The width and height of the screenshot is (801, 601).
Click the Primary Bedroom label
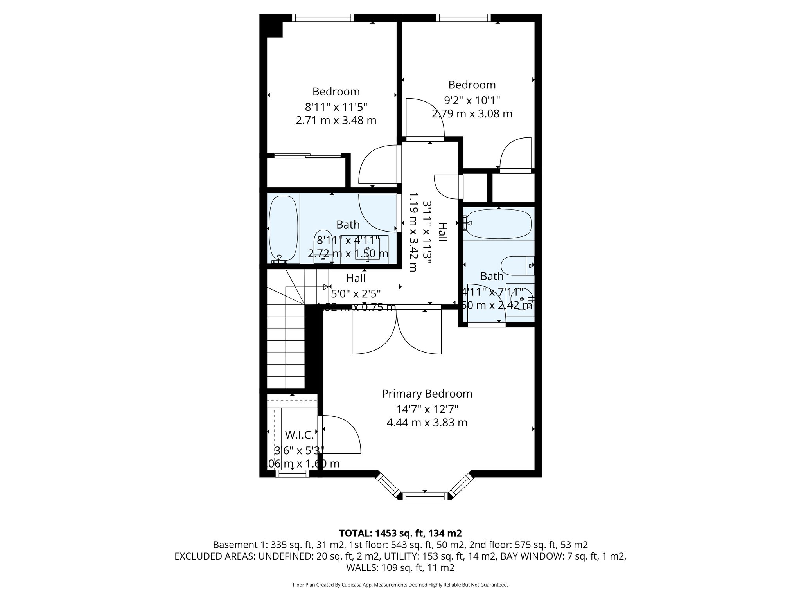point(427,394)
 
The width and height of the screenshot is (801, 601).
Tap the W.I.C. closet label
point(299,435)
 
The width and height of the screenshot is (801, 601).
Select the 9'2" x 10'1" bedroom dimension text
point(472,101)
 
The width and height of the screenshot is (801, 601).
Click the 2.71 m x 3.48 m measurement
point(336,120)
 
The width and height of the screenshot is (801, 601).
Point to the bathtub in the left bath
point(284,229)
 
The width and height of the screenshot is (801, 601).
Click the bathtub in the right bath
point(499,224)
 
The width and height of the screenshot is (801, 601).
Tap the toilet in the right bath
point(516,266)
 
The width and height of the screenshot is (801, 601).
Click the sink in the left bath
point(367,253)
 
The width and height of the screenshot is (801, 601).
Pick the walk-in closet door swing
point(340,434)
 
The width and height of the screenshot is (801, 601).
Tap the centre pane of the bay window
point(425,497)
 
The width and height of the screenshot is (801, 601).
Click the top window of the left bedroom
point(323,18)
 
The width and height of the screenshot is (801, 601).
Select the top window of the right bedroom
point(463,18)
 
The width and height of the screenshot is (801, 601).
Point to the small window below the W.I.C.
point(293,474)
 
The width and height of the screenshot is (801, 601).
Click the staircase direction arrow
point(325,287)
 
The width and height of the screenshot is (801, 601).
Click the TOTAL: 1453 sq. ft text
point(400,533)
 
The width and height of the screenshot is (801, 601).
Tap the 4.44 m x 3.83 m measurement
point(427,423)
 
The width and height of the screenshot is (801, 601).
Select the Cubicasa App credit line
point(400,585)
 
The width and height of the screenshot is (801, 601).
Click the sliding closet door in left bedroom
point(308,156)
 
